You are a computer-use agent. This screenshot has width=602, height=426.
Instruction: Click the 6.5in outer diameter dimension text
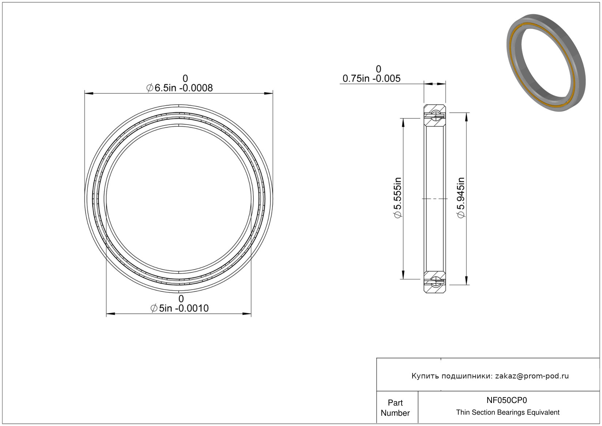[180, 88]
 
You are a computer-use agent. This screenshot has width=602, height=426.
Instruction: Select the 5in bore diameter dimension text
[180, 308]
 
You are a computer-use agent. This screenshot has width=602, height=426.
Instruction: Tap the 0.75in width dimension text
[372, 79]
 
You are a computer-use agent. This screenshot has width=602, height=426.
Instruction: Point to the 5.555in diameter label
[398, 197]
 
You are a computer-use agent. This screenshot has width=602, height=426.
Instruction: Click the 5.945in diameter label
[460, 197]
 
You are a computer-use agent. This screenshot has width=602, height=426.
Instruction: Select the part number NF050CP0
[507, 400]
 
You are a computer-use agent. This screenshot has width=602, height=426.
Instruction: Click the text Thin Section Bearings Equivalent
[508, 412]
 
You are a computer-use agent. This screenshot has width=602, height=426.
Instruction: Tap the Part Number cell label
[395, 408]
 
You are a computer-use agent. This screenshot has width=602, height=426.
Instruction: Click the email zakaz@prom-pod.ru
[532, 376]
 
